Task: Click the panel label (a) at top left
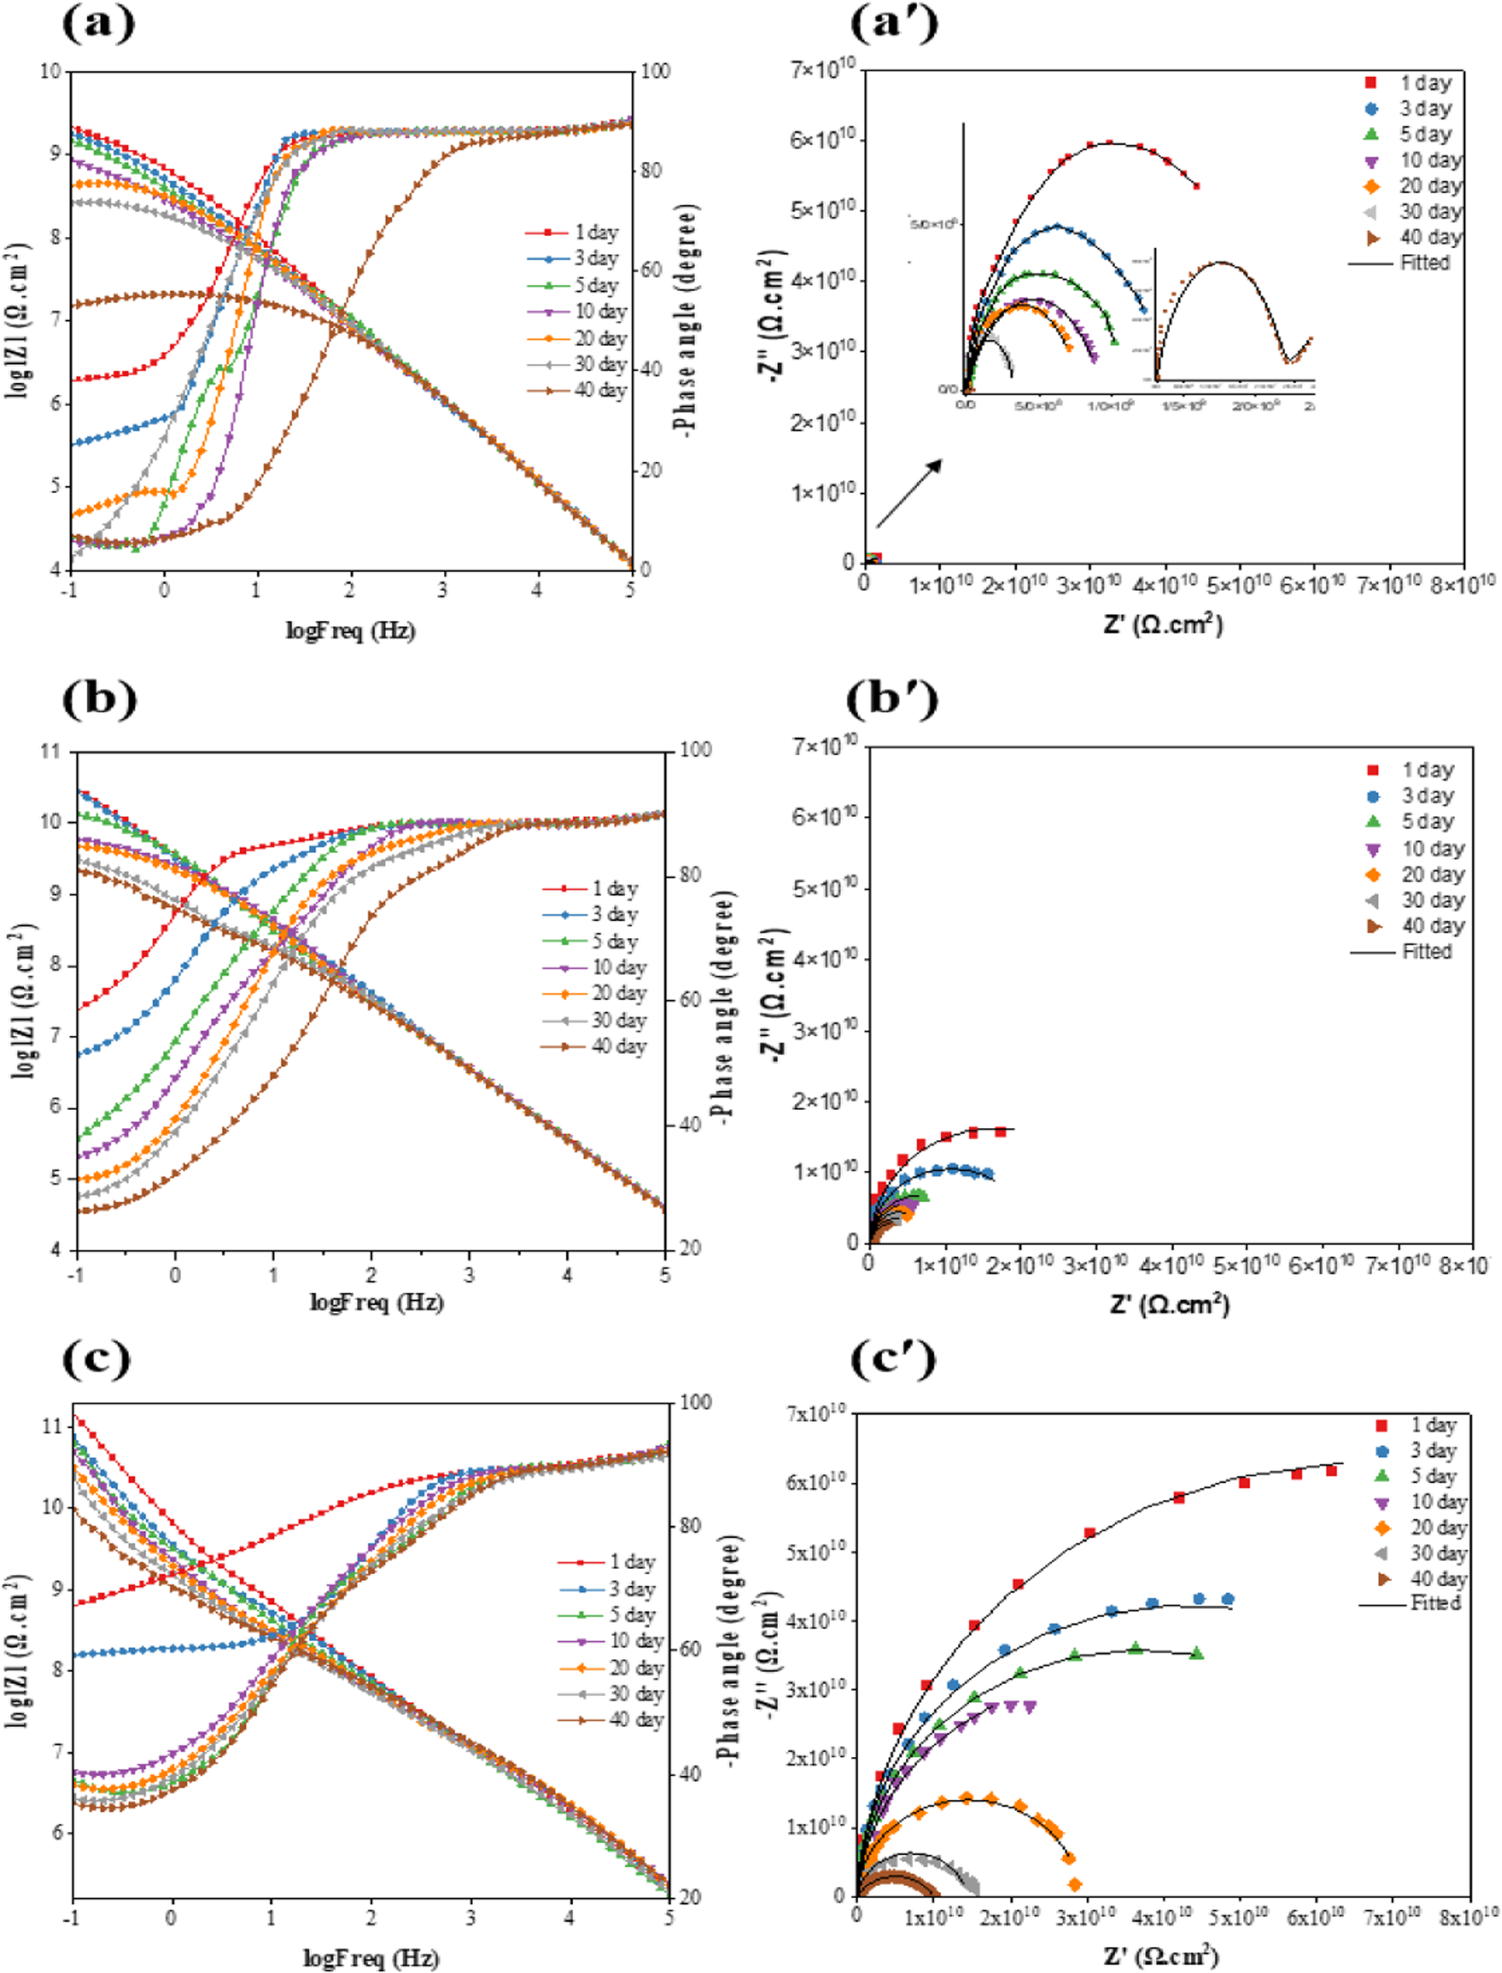(x=98, y=22)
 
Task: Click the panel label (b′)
(x=892, y=700)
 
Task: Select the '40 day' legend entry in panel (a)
(x=577, y=391)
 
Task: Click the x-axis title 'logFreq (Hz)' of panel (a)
(x=350, y=630)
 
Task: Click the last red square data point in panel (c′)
(x=1331, y=1470)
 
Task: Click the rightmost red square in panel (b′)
(x=1000, y=1132)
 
